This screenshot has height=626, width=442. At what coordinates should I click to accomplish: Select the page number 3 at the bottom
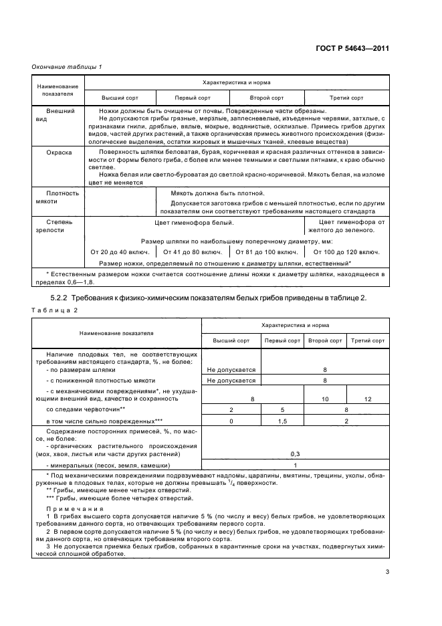tap(387, 571)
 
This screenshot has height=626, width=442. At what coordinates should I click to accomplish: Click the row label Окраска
tap(59, 152)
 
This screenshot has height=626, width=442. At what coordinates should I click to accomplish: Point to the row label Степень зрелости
tap(59, 225)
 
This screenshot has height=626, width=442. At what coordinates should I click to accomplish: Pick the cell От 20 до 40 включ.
tap(119, 252)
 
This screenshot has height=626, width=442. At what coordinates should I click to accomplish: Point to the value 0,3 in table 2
tap(295, 453)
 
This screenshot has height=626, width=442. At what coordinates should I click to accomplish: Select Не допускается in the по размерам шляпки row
tap(231, 369)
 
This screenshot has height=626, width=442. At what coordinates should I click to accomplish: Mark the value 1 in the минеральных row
tap(295, 465)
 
